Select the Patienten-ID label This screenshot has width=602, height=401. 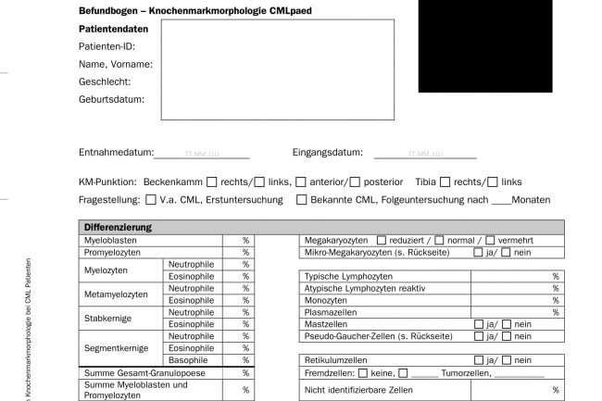point(107,46)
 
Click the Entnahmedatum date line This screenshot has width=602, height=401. point(202,154)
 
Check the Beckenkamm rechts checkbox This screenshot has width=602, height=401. point(212,182)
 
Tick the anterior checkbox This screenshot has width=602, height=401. point(300,182)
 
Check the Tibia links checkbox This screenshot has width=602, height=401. point(491,182)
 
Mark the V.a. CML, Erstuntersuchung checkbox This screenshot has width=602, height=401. point(151,200)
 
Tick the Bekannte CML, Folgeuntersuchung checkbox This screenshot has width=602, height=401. point(301,200)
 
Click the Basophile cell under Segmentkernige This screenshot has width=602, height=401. point(191,359)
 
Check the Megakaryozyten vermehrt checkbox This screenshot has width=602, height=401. point(490,241)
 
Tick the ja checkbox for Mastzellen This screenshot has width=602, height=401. point(478,324)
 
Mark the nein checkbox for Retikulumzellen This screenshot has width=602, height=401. point(506,360)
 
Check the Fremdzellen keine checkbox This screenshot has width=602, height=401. point(362,372)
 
